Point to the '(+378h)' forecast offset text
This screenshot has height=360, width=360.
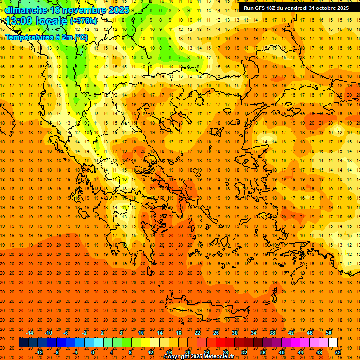pos(83,21)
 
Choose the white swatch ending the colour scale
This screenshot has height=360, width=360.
pos(333,343)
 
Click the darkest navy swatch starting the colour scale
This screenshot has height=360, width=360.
pos(23,343)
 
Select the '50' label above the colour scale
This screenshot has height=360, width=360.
pos(329,333)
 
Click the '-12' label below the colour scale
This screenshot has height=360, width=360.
pos(39,352)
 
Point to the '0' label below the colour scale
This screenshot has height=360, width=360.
pos(93,352)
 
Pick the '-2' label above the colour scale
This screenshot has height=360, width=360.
pos(84,333)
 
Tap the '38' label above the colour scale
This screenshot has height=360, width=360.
pos(272,333)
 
